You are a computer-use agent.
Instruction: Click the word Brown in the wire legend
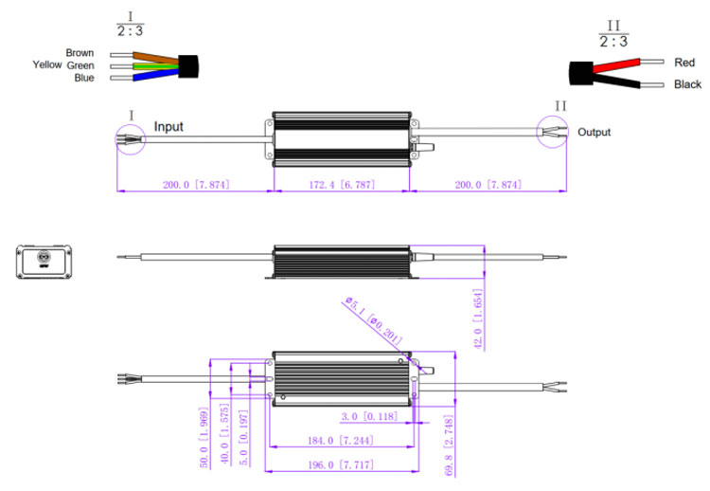80,53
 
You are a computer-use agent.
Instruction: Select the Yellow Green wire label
63,65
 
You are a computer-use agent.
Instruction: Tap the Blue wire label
83,78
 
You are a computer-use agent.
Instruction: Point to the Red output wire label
684,63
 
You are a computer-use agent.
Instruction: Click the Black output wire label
686,85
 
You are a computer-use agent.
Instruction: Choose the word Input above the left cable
169,126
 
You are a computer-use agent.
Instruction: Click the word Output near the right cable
595,133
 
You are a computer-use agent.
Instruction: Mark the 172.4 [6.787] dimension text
341,184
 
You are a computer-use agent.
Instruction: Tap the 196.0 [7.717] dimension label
339,465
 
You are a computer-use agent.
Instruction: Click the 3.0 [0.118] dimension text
369,416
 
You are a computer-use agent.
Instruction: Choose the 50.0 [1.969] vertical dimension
202,442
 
